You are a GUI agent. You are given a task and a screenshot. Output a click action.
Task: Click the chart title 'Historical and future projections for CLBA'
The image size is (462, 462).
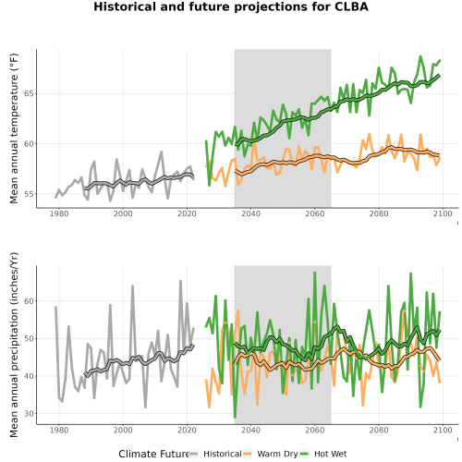tap(231, 6)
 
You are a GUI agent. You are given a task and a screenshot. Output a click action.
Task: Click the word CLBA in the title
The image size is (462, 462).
tap(351, 6)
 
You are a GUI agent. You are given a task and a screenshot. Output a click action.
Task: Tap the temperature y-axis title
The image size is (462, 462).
tap(14, 128)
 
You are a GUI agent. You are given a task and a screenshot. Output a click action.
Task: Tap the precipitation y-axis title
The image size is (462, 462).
tap(14, 345)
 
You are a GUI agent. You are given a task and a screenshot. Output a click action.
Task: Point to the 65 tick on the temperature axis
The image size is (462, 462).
tap(29, 93)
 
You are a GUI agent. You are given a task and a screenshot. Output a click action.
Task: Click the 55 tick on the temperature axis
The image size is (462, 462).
tap(29, 194)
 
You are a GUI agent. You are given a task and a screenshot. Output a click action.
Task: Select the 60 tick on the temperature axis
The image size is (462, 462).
tap(29, 144)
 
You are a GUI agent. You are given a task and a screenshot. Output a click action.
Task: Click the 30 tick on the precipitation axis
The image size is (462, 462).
tap(29, 414)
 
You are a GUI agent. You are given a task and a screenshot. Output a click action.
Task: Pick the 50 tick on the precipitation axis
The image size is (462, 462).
tap(29, 338)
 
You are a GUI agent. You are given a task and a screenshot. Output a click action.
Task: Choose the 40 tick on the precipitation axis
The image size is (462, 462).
tap(29, 376)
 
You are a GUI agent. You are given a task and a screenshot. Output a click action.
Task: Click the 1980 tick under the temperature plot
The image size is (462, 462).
tap(59, 213)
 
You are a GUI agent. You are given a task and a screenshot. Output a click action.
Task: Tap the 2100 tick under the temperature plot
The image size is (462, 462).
tap(443, 213)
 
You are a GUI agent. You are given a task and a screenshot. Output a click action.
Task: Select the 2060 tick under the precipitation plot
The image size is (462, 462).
tap(315, 430)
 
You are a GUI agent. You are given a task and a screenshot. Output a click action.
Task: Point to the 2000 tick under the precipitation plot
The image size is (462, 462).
tap(123, 430)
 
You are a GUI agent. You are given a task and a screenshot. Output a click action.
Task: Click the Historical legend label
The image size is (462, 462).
tap(223, 454)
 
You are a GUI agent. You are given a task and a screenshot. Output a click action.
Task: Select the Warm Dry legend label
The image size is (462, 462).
tap(277, 454)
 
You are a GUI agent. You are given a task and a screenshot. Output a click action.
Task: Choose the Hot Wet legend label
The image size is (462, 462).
tap(331, 454)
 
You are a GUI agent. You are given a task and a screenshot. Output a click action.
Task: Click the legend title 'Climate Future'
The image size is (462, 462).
tap(153, 454)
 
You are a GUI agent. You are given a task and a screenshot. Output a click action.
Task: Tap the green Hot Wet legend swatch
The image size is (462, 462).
tap(304, 454)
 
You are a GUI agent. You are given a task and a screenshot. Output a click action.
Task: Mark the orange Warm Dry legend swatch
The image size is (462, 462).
tap(248, 454)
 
